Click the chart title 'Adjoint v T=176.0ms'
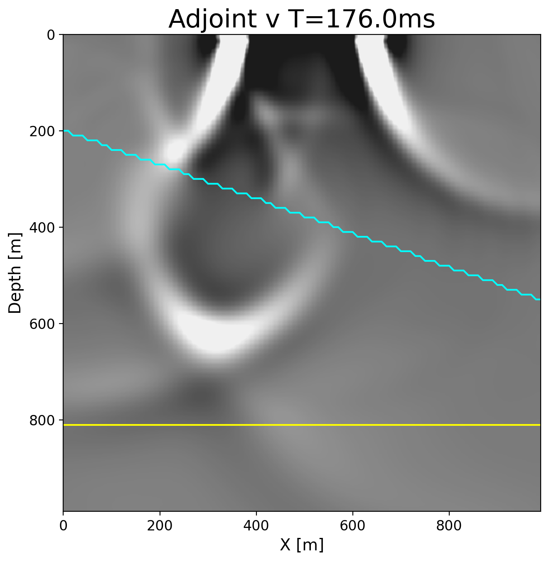302,19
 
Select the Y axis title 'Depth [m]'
15,272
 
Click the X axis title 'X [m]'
302,545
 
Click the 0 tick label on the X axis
63,525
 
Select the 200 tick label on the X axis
160,525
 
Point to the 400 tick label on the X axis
256,525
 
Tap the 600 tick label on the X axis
352,525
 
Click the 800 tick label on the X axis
449,525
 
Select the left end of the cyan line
65,131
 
